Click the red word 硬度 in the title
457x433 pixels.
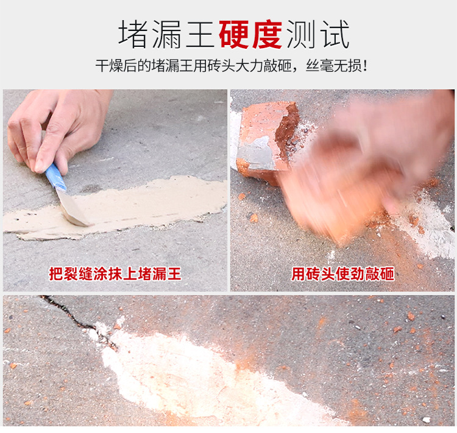pyautogui.click(x=250, y=34)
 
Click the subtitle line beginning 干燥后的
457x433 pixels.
pyautogui.click(x=231, y=65)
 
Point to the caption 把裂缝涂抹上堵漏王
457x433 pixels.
pyautogui.click(x=115, y=274)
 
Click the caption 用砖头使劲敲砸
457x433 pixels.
pyautogui.click(x=342, y=274)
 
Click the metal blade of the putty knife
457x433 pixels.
pyautogui.click(x=73, y=208)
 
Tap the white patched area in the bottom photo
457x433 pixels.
pyautogui.click(x=183, y=371)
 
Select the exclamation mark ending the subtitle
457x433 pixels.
pyautogui.click(x=364, y=65)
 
